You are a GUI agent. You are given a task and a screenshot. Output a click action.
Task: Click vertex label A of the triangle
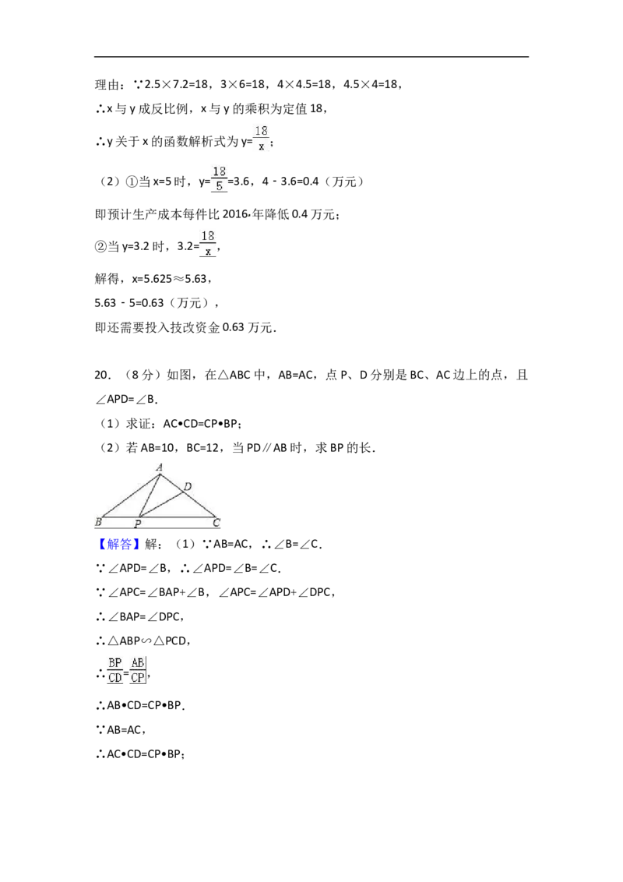coord(160,467)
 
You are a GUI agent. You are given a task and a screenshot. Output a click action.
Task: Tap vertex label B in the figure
coord(98,521)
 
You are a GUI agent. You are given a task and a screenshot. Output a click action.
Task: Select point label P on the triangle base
coord(138,524)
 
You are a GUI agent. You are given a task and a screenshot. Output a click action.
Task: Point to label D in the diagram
coord(187,486)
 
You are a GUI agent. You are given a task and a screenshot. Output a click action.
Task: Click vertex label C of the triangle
coord(216,523)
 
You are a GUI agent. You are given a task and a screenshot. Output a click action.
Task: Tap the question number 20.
coord(102,376)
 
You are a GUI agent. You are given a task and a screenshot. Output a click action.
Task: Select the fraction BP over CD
coord(115,670)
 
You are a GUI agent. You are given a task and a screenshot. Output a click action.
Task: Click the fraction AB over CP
coord(138,670)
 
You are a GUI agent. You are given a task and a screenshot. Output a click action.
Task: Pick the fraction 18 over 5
coord(220,178)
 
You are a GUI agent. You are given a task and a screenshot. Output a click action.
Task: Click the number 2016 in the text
coord(235,214)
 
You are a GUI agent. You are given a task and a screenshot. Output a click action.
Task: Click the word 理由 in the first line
coord(107,84)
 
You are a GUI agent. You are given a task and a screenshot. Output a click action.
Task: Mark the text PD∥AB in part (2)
coord(267,448)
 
